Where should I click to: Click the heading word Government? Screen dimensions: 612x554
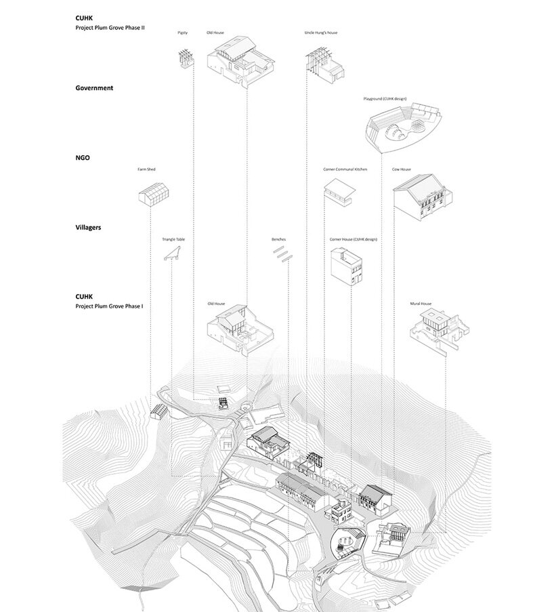pos(94,88)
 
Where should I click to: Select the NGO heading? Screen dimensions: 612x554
pos(83,158)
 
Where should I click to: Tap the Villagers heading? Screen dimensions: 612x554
pos(88,228)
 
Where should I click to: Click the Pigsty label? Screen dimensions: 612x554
pos(182,32)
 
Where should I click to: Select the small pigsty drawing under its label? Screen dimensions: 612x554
pos(184,58)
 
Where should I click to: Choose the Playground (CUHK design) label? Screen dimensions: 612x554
pos(385,99)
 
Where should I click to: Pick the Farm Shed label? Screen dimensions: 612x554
pos(146,169)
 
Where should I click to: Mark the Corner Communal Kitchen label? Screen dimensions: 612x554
pos(345,169)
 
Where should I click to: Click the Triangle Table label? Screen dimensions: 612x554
pos(173,239)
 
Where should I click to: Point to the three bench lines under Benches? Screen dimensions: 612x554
pos(281,254)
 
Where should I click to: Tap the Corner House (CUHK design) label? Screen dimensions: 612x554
pos(353,239)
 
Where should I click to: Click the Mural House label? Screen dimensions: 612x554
pos(421,304)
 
